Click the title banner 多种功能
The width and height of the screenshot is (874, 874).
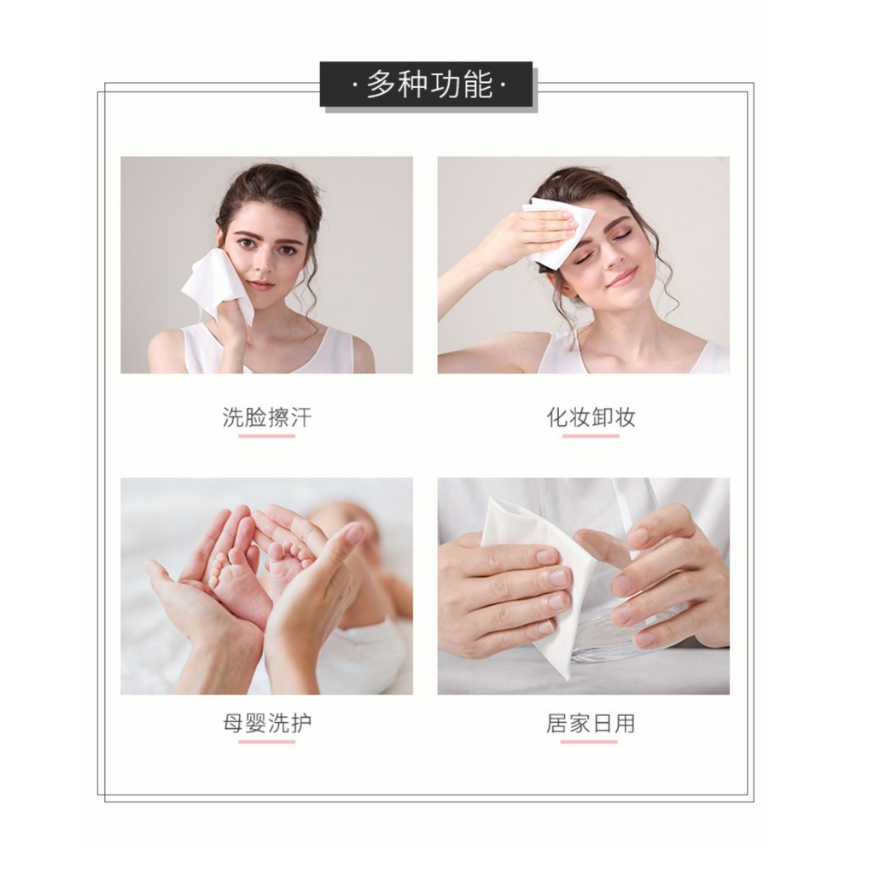click(427, 84)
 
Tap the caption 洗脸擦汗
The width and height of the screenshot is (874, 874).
click(267, 417)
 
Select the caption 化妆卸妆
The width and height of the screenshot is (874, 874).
click(591, 417)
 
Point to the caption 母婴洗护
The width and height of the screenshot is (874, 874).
click(267, 723)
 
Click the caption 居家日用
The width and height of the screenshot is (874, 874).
click(591, 723)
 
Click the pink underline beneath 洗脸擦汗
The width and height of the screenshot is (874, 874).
click(267, 436)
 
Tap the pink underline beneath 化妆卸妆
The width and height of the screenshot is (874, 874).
click(591, 436)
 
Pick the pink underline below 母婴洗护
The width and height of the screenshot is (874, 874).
click(267, 742)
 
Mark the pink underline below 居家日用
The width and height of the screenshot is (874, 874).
click(589, 742)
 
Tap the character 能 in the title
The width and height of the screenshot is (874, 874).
click(478, 84)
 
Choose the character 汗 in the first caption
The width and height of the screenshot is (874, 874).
click(301, 417)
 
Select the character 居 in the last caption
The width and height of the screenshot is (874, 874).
click(556, 723)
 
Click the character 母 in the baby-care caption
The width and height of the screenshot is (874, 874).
click(234, 723)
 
